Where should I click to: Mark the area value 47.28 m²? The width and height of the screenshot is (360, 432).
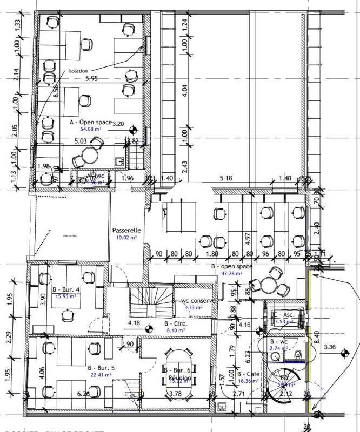coord(231,274)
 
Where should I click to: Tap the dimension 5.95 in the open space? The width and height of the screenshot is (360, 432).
coord(91,79)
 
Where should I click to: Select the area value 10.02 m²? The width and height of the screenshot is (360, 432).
coord(126,237)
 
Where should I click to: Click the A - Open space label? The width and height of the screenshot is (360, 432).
coord(90,122)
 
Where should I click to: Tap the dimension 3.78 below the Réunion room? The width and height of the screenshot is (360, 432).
coord(176,394)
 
